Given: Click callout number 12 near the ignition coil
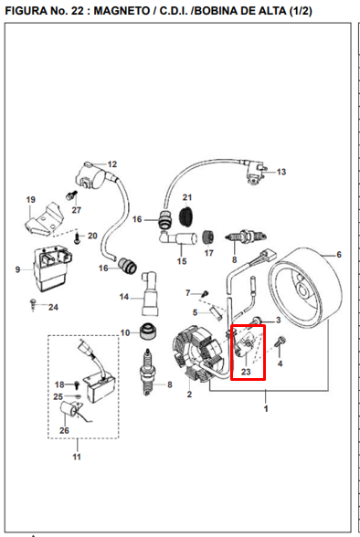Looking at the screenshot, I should click(112, 165).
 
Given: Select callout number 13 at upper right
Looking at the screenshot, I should click(281, 172).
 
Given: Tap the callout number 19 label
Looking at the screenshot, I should click(30, 200).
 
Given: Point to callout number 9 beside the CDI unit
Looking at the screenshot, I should click(17, 269).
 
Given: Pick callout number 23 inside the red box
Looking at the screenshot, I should click(246, 373).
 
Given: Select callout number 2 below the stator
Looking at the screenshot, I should click(189, 395).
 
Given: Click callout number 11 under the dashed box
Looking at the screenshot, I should click(77, 456).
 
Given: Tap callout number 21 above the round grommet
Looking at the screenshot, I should click(187, 197).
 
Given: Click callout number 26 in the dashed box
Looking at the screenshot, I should click(65, 431).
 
